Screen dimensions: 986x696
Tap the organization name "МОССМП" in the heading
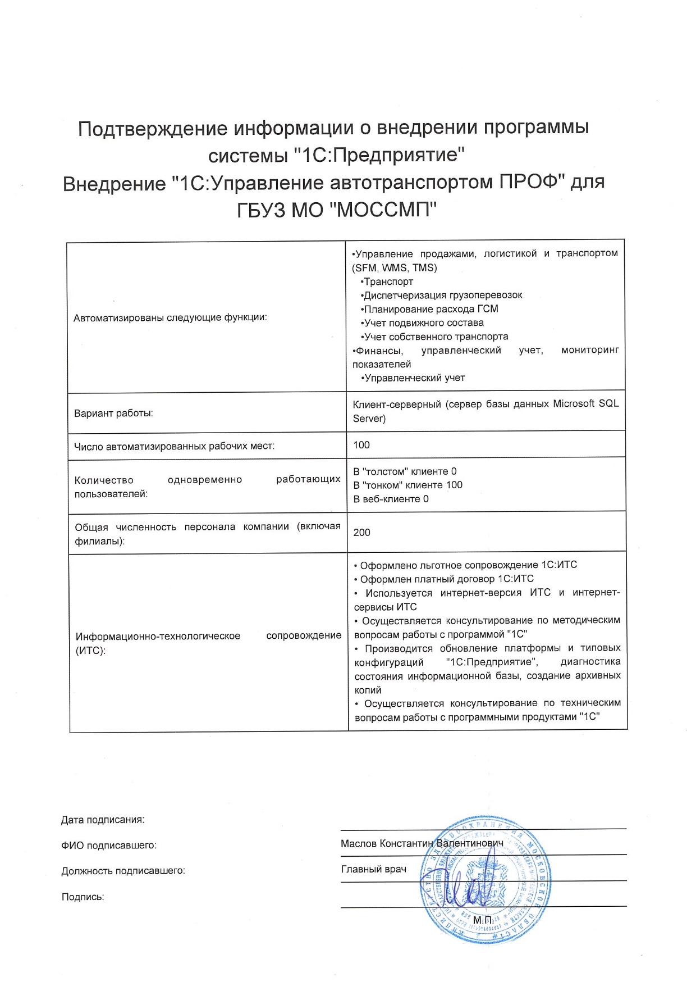click(381, 210)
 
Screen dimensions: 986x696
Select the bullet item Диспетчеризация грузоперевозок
click(443, 295)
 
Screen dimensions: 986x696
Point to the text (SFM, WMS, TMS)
click(395, 267)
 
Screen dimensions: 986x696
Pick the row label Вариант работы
click(114, 414)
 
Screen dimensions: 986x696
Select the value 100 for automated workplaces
click(361, 445)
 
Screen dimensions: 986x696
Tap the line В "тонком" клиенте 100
click(408, 485)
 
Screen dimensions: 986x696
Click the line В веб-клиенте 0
click(391, 499)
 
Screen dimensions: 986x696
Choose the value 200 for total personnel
click(361, 532)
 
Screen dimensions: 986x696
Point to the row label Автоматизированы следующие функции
click(171, 317)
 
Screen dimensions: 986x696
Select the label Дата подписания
click(103, 820)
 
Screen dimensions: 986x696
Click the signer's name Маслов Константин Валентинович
click(422, 843)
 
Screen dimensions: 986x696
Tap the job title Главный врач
click(374, 869)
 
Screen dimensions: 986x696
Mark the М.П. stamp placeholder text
click(483, 920)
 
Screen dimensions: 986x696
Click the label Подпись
click(83, 897)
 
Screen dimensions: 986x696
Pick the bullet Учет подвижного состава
click(424, 323)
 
